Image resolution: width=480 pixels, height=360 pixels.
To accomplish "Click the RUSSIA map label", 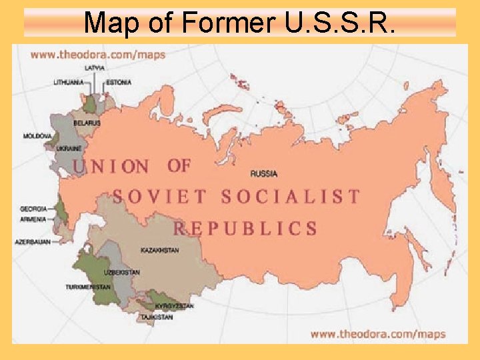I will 264,174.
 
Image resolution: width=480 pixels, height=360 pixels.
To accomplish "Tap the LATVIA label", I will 94,68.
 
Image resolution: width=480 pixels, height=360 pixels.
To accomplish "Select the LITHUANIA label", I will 69,83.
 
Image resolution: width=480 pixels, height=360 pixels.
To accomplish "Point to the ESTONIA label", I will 119,83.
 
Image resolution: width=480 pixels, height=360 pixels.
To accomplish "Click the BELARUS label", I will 87,123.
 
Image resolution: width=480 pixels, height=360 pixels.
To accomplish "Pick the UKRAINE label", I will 69,147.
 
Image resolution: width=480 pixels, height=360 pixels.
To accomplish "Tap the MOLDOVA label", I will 37,136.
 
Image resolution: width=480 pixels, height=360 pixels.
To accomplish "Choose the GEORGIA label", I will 33,209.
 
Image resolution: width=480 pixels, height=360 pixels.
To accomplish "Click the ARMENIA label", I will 33,219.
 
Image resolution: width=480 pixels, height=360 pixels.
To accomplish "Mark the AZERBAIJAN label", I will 33,242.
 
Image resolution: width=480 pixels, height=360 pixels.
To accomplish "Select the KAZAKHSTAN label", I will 160,250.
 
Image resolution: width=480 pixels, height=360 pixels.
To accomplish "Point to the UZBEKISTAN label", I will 122,273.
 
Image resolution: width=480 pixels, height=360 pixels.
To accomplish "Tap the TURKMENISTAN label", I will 88,287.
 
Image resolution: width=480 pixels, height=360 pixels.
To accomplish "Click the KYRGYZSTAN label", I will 174,306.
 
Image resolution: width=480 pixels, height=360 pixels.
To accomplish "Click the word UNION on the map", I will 111,167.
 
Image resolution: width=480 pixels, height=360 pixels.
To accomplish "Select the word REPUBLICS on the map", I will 246,229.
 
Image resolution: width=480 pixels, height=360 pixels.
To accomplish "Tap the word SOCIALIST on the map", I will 291,197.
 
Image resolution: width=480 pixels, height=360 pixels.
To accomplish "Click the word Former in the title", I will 225,23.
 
